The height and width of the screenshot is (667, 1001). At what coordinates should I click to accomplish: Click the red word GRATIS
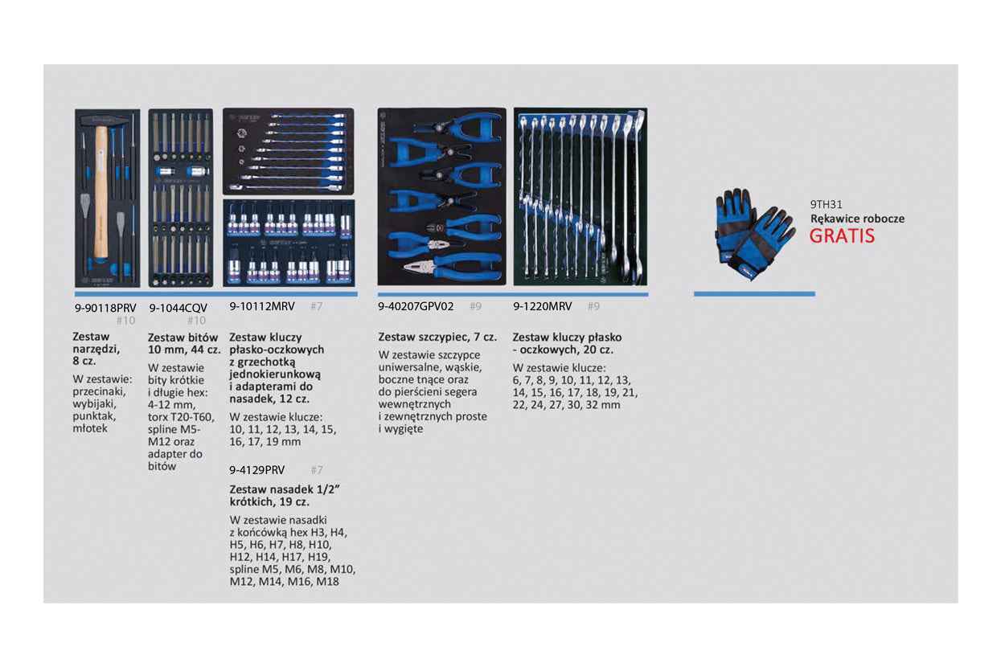841,236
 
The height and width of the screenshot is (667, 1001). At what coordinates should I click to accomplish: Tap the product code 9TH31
826,205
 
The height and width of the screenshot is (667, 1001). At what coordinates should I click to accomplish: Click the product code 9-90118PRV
104,307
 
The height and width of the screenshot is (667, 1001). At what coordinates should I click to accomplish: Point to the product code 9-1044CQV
178,307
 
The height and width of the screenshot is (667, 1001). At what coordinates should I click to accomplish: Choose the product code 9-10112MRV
262,306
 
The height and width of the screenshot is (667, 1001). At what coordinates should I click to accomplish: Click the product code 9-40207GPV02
416,306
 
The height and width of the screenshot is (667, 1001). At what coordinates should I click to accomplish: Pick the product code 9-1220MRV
543,306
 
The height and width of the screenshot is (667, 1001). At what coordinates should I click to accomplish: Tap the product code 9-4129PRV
257,470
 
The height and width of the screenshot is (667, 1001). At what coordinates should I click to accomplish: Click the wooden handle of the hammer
101,193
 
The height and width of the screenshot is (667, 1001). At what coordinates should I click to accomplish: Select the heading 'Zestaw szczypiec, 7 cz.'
437,338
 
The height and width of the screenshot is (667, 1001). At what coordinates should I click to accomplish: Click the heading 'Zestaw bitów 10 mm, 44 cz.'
183,344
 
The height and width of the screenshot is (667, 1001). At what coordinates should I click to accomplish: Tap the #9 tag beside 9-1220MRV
593,306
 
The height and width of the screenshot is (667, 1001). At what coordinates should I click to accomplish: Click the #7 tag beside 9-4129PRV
316,470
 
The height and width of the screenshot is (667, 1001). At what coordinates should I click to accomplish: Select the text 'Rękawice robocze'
857,219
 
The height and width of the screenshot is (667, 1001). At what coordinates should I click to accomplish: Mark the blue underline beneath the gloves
753,294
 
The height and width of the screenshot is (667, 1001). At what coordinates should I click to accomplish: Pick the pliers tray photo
441,197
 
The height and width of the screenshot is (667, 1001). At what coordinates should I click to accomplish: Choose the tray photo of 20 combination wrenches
580,197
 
